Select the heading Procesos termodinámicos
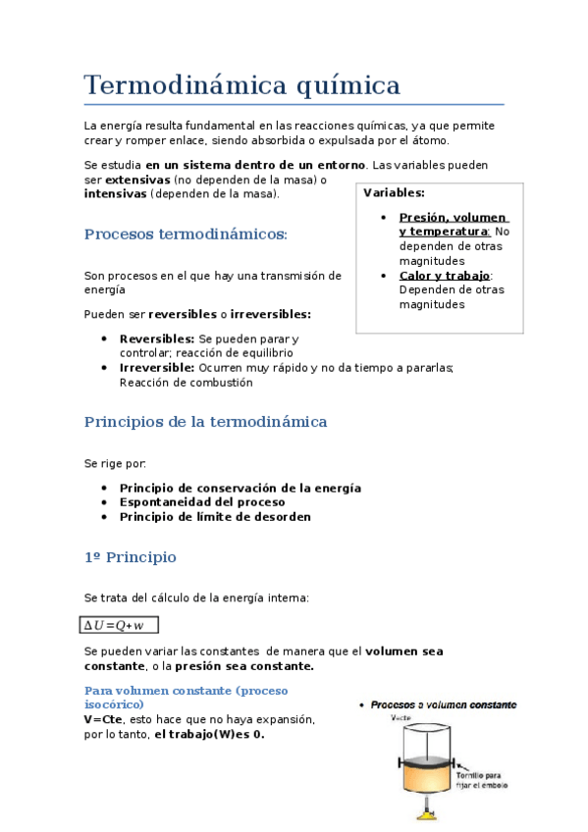click(186, 234)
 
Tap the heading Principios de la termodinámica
click(205, 422)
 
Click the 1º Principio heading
click(130, 557)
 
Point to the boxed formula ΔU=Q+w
click(118, 625)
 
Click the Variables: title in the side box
click(394, 193)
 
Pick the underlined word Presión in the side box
click(424, 218)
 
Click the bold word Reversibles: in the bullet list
click(157, 338)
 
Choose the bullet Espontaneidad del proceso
click(202, 502)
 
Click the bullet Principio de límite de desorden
click(215, 517)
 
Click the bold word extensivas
click(137, 181)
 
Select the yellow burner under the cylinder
click(426, 813)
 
